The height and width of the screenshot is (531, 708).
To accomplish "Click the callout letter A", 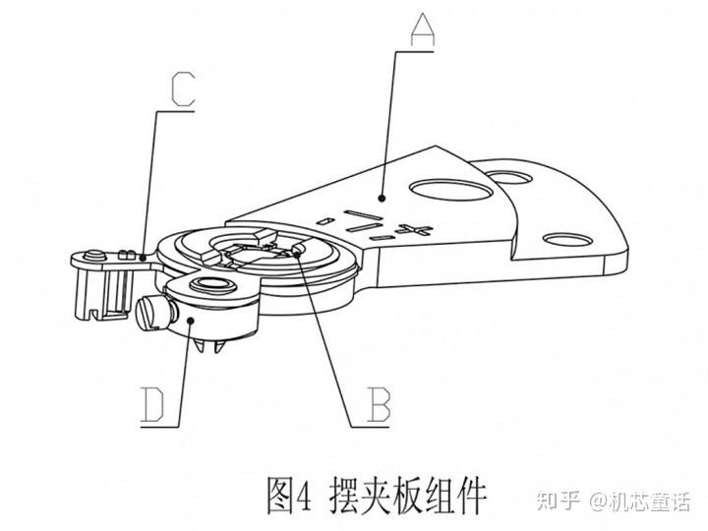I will (x=420, y=31).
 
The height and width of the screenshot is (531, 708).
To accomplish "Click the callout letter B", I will (x=378, y=406).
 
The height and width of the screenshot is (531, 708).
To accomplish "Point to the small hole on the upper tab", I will (x=508, y=178).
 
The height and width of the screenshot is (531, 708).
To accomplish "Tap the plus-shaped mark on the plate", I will (x=421, y=232).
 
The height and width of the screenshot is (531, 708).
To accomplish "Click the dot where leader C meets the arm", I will (x=147, y=257).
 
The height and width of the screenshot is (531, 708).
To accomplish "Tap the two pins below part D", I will (x=210, y=346).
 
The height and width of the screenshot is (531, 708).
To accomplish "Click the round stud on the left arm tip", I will (x=91, y=256).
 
